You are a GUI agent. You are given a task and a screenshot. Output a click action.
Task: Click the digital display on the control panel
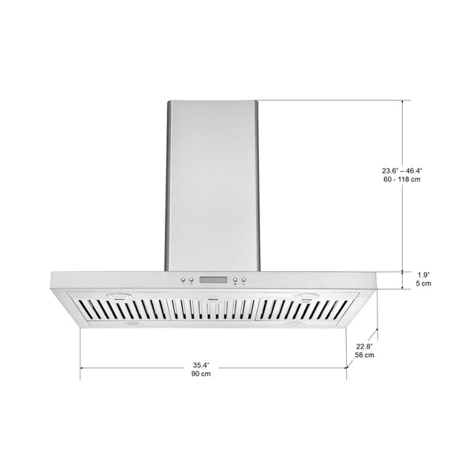click(214, 280)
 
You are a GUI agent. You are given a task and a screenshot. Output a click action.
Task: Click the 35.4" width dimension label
click(202, 364)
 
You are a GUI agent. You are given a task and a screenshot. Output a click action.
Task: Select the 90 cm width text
click(202, 374)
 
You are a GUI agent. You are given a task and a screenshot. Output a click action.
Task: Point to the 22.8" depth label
click(364, 346)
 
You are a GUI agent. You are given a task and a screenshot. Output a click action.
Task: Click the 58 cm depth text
click(364, 356)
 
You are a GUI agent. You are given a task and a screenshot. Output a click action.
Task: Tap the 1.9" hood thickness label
click(423, 274)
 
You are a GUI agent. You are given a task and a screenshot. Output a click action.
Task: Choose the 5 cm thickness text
click(423, 283)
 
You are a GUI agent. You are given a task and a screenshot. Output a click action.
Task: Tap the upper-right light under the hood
click(306, 298)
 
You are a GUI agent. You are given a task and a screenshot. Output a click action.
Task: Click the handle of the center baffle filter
click(211, 298)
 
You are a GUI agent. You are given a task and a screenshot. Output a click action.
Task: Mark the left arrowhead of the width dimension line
click(82, 367)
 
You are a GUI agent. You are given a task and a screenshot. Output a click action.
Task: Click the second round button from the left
click(192, 280)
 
